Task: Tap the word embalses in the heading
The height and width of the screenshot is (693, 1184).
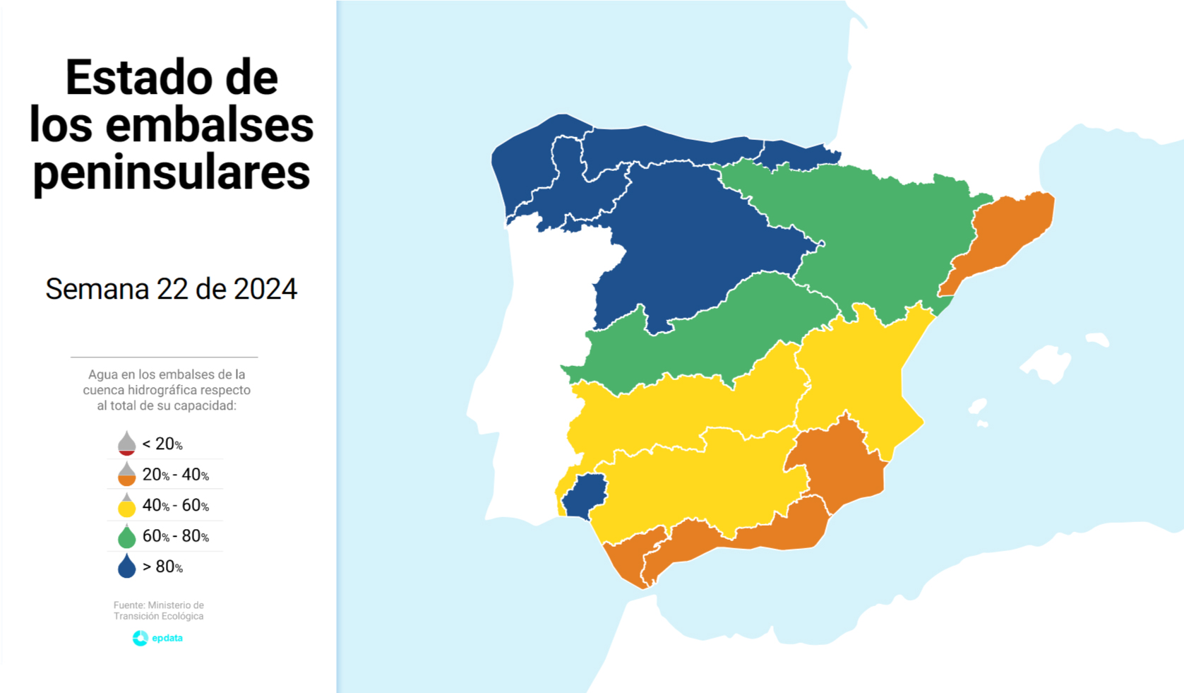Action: click(x=209, y=125)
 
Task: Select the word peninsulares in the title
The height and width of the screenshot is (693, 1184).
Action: click(x=172, y=172)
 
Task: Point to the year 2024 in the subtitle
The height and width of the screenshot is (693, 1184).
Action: click(x=265, y=289)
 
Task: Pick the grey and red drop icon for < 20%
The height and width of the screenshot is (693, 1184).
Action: click(x=126, y=444)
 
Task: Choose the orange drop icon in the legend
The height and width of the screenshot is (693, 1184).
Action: click(x=126, y=474)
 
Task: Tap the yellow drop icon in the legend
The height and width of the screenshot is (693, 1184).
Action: click(x=126, y=505)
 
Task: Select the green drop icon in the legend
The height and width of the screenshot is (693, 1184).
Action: click(x=126, y=536)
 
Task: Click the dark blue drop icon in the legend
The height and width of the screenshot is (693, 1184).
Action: click(x=126, y=567)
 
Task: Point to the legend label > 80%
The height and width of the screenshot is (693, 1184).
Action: click(x=162, y=567)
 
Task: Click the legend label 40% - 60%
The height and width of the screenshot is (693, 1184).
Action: click(x=175, y=505)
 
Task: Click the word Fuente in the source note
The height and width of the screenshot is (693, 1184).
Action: click(x=128, y=605)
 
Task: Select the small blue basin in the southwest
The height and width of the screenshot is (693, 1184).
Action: click(x=585, y=494)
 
